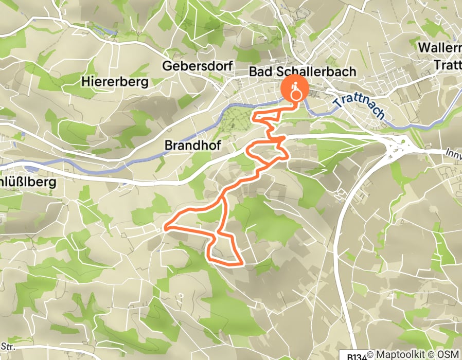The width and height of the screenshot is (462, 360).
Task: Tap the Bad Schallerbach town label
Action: pos(302,71)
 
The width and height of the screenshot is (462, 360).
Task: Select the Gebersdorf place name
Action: pos(198,66)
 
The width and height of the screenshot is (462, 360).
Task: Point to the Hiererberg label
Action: pos(115,81)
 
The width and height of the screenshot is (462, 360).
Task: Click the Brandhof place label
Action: pos(192,146)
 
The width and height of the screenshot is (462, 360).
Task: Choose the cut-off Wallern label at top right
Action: pos(440,48)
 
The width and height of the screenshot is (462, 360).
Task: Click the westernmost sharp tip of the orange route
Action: pos(165,226)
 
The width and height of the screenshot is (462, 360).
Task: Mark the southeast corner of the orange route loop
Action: pos(241,264)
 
